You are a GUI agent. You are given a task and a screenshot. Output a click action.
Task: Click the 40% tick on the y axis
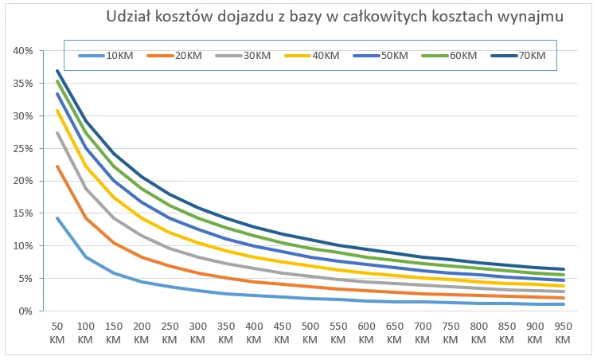[22, 51]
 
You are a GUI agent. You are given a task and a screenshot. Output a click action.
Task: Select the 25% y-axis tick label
[22, 149]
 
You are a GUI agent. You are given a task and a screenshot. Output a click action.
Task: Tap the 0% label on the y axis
[25, 311]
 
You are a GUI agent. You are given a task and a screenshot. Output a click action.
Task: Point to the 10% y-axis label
[22, 246]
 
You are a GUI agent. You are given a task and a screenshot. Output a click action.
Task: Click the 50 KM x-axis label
[58, 333]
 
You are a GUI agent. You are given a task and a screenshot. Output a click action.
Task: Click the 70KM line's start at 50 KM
[58, 71]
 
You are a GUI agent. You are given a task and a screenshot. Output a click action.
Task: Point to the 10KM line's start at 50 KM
[58, 218]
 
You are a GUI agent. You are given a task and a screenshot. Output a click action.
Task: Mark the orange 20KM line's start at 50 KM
[58, 166]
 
